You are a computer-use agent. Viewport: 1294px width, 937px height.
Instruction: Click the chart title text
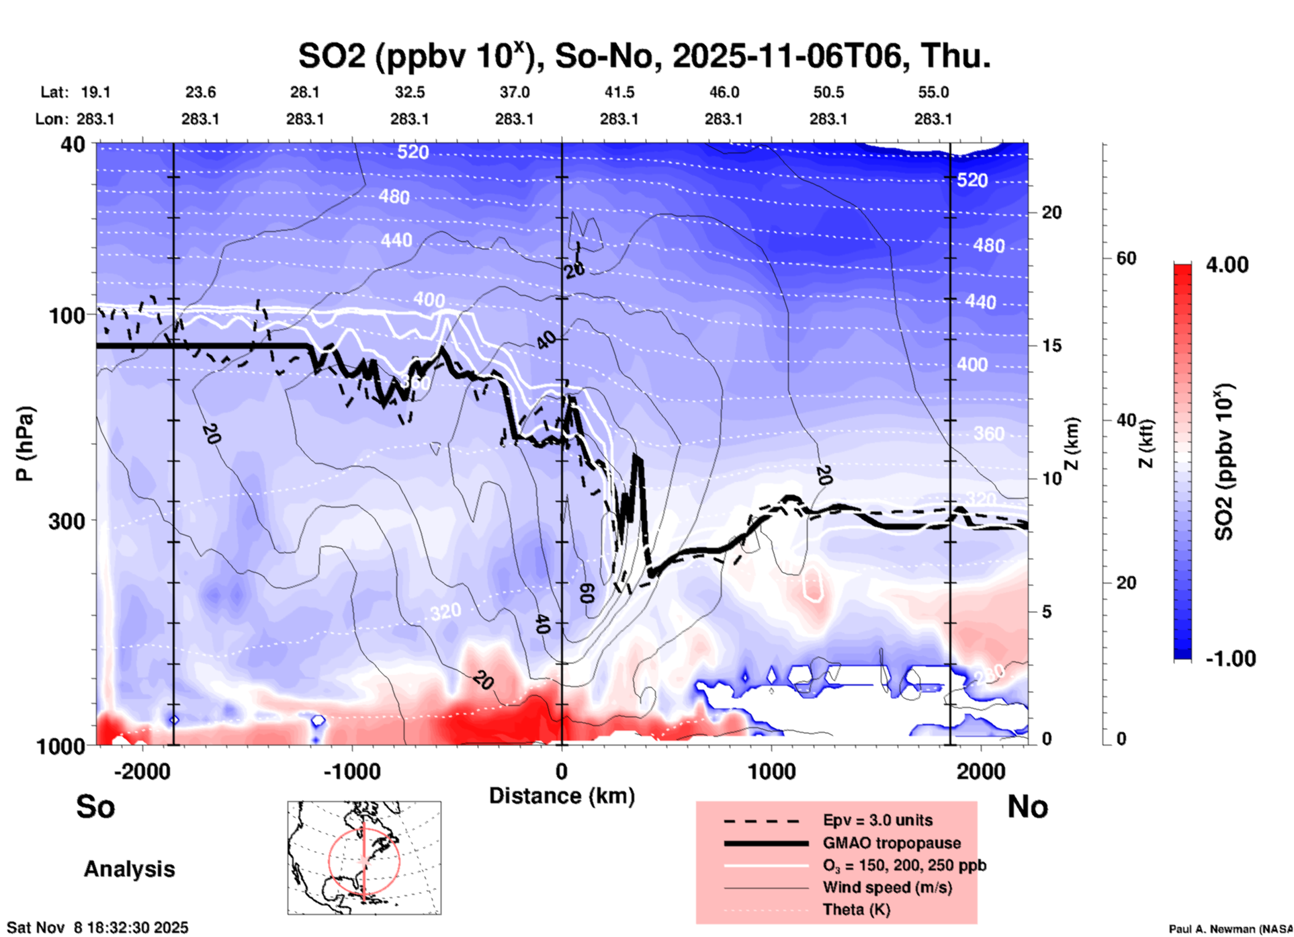coord(644,56)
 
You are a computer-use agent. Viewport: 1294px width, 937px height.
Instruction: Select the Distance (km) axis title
coord(562,796)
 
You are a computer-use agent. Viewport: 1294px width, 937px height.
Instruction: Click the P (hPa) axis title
coord(25,444)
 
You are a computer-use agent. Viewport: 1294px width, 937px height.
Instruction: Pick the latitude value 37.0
coord(514,92)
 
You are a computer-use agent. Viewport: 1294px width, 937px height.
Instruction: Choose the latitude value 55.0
coord(933,92)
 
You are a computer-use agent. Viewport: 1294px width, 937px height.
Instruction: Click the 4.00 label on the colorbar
coord(1227,265)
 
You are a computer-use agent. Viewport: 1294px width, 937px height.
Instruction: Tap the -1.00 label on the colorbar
coord(1230,659)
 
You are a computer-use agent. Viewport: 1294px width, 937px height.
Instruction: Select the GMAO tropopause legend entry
coord(892,843)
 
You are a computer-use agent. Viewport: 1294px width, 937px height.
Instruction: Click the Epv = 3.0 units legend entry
coord(877,820)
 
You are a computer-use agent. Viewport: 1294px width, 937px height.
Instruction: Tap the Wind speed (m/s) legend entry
coord(887,887)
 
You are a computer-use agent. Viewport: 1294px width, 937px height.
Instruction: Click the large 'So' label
coord(95,807)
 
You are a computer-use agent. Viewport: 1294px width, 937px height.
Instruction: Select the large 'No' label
coord(1027,807)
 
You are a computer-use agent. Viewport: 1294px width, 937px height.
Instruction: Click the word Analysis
coord(129,869)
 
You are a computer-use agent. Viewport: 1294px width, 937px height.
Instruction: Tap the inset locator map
coord(364,858)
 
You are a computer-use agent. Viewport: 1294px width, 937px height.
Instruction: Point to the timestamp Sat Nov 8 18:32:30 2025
coord(97,928)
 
